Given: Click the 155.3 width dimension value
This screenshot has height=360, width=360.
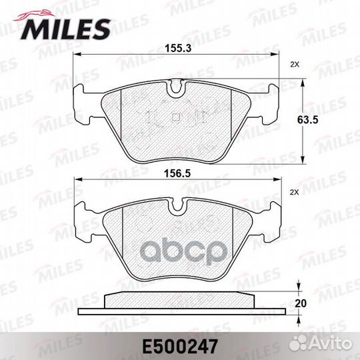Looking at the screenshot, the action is tap(179, 48).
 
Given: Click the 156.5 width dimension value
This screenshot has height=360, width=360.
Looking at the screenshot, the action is tap(178, 173).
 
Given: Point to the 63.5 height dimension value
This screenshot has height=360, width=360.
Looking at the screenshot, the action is tap(307, 119).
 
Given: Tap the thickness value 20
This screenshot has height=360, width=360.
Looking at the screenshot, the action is tap(301, 303).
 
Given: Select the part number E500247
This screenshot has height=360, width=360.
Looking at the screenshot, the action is tap(180, 347).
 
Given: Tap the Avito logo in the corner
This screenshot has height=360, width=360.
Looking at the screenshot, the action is tap(321, 344).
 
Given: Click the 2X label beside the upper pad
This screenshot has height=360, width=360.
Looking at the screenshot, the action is tap(295, 65).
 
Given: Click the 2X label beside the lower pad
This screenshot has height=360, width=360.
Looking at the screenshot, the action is tap(295, 193).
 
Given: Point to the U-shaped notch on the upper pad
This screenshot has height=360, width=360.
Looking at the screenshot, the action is tap(176, 87).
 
